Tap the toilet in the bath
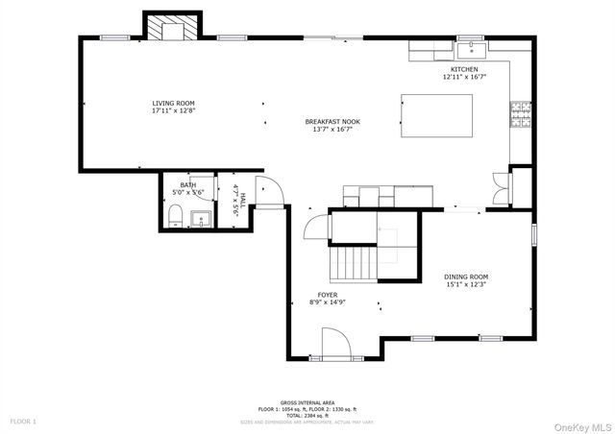[174, 221]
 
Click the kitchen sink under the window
[471, 46]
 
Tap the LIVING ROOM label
[173, 103]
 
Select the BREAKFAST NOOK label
[332, 122]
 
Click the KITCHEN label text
[464, 70]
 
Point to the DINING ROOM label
[466, 277]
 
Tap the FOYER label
[328, 295]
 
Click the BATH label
[186, 185]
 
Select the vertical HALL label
[243, 201]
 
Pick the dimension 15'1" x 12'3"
[466, 284]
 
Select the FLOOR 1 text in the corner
[23, 422]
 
